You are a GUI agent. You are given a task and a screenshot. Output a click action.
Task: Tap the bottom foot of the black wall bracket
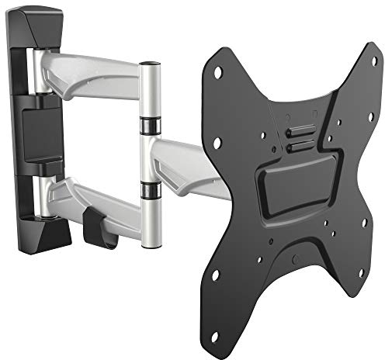coord(48,233)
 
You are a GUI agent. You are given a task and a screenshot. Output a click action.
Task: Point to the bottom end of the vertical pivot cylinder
coord(151,244)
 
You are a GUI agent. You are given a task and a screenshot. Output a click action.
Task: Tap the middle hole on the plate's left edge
coord(217,142)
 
